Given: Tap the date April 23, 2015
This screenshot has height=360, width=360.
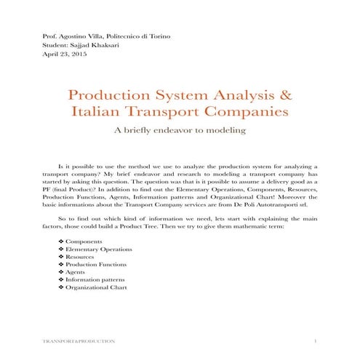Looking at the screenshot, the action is [64, 54].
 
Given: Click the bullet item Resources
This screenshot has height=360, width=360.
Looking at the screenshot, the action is [80, 260].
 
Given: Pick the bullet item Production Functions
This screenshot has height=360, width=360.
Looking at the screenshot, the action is [95, 269].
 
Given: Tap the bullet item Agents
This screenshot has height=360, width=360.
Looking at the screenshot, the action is [76, 278].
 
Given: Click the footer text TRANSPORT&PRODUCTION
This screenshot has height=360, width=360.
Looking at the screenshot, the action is [78, 340].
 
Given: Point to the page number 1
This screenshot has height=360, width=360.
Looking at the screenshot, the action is [316, 340].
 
